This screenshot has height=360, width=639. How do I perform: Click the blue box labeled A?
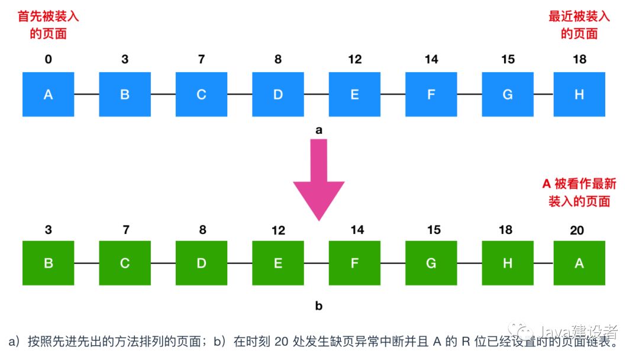click(x=49, y=94)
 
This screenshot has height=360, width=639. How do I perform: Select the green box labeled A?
click(x=579, y=263)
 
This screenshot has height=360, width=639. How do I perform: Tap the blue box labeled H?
click(x=579, y=94)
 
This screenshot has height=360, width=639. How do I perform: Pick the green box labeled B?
click(x=49, y=263)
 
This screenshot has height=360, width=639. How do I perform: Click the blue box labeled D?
click(x=277, y=94)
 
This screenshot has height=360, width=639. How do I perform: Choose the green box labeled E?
click(x=277, y=263)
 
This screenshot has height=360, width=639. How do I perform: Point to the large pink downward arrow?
click(x=319, y=178)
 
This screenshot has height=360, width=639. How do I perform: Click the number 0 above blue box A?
click(x=49, y=60)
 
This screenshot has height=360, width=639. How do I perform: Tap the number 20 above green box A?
click(x=577, y=230)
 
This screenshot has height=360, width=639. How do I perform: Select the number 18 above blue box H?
click(x=579, y=60)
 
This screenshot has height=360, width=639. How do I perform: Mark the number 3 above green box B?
click(x=49, y=230)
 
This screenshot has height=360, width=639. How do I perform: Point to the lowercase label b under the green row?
click(x=319, y=306)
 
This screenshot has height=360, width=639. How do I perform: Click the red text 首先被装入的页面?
click(x=49, y=25)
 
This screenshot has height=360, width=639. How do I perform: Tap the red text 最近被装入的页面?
click(x=579, y=25)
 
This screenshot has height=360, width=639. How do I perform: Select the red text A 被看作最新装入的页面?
click(x=579, y=192)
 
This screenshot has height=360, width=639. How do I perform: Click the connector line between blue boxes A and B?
click(x=86, y=94)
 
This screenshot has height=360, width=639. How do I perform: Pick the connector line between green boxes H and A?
click(x=543, y=263)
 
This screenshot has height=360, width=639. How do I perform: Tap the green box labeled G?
click(x=431, y=263)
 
